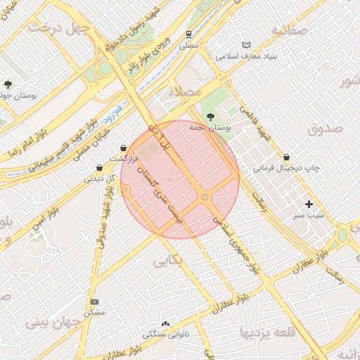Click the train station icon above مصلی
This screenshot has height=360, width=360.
coord(188,34)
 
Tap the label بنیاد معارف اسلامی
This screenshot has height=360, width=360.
coord(245,56)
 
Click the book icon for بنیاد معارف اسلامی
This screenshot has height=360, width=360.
coord(245,45)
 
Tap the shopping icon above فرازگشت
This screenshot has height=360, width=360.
coord(124,148)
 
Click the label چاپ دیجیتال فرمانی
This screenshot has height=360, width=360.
coord(286,168)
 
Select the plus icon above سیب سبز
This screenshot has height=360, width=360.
coord(308,203)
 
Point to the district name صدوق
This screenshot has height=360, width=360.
coord(324,128)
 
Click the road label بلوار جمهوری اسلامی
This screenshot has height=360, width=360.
coord(243,247)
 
